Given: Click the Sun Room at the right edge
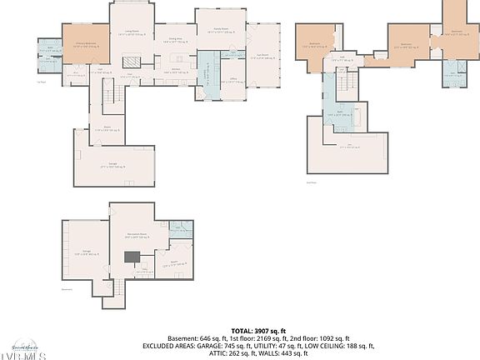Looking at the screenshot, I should [263, 59].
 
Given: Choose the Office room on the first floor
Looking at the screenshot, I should [234, 82].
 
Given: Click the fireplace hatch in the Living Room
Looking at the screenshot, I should [132, 62].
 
